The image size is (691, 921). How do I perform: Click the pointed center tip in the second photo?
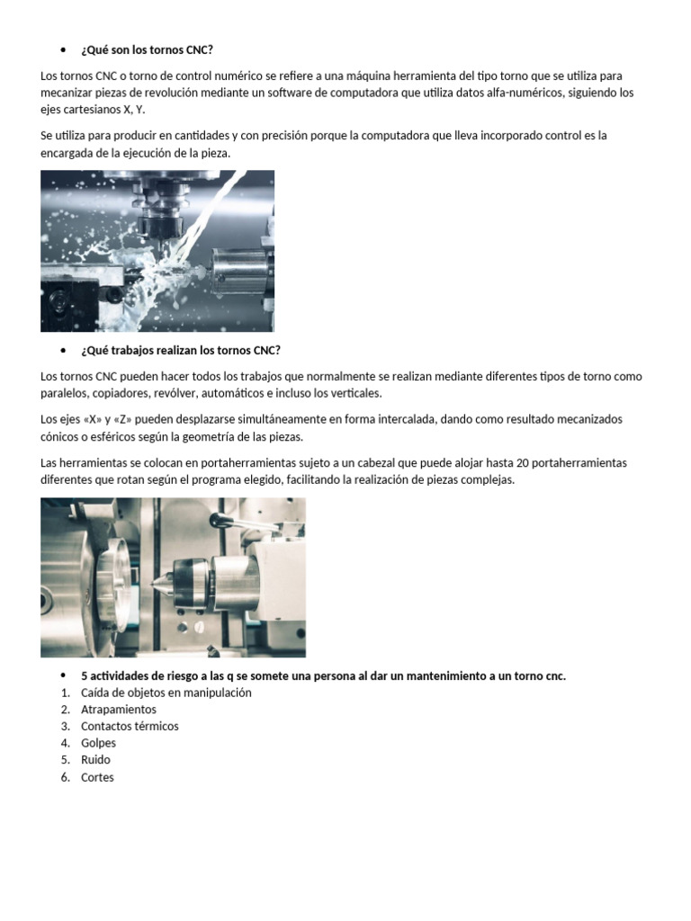(155, 580)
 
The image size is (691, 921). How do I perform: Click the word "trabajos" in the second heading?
(130, 350)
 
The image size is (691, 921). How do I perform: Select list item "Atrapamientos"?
(118, 710)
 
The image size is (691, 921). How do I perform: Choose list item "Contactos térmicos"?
(130, 726)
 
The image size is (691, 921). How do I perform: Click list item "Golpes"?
(98, 743)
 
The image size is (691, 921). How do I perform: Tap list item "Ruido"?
(95, 760)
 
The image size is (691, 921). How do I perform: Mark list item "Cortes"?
(97, 777)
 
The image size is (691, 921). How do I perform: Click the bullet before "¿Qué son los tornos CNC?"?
(63, 49)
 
